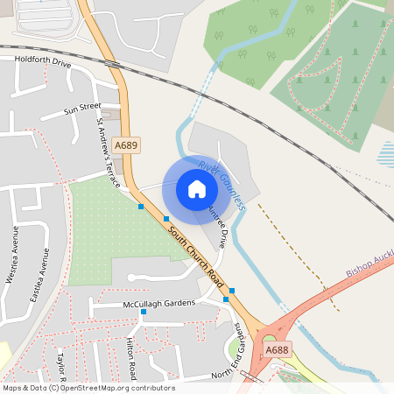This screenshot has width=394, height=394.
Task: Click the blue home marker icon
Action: click(x=197, y=188)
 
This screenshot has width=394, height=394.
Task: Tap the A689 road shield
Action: click(x=126, y=145)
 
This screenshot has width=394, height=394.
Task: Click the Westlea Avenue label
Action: click(x=12, y=255)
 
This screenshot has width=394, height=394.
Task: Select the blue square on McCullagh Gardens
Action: click(x=144, y=312)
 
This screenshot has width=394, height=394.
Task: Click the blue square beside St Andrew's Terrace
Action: click(x=140, y=207)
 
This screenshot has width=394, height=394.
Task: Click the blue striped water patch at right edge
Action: click(x=385, y=156)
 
